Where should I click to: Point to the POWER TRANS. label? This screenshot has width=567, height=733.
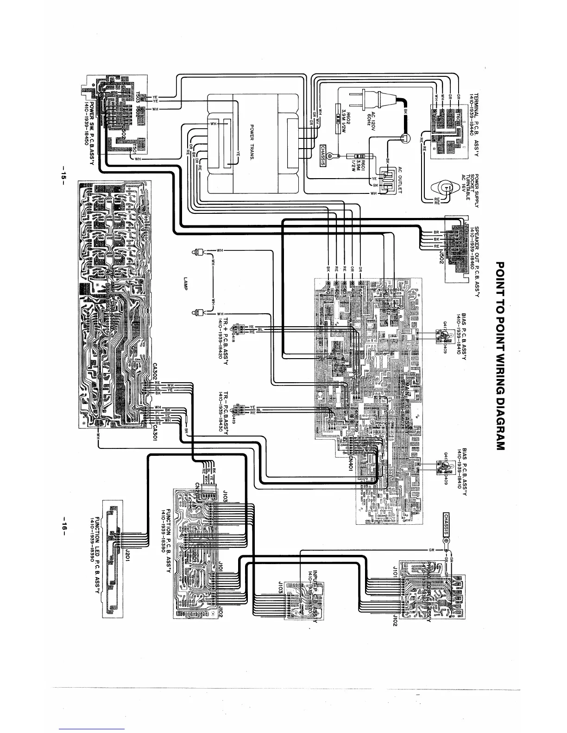tap(252, 141)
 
